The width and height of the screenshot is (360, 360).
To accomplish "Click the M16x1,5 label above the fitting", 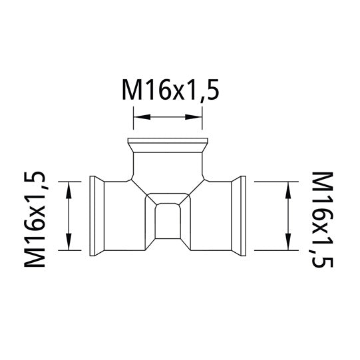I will [168, 90].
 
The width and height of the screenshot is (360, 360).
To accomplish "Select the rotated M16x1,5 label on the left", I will [37, 217].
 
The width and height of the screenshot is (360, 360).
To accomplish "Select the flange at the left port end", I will [95, 215].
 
